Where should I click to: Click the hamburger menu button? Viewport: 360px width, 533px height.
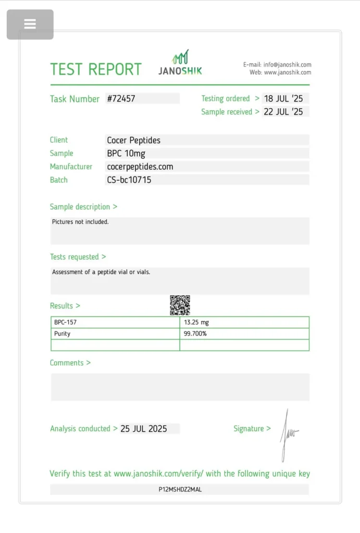pyautogui.click(x=30, y=24)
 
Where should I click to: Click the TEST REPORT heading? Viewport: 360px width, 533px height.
pyautogui.click(x=96, y=69)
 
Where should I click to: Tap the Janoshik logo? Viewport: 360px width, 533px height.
pyautogui.click(x=180, y=63)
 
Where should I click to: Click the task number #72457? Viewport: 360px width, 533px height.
pyautogui.click(x=121, y=98)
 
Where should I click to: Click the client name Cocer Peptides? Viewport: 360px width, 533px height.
pyautogui.click(x=134, y=140)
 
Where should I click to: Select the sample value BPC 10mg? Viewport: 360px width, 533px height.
pyautogui.click(x=127, y=154)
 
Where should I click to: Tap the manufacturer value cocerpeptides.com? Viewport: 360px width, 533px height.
pyautogui.click(x=140, y=167)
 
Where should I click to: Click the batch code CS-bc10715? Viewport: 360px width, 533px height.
pyautogui.click(x=129, y=180)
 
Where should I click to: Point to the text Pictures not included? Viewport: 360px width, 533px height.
pyautogui.click(x=80, y=222)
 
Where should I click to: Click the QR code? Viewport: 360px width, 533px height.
pyautogui.click(x=180, y=305)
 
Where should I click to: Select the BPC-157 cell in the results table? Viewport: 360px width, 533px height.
pyautogui.click(x=66, y=322)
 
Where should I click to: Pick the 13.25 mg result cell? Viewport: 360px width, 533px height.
pyautogui.click(x=196, y=322)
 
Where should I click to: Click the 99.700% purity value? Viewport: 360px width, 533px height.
pyautogui.click(x=195, y=334)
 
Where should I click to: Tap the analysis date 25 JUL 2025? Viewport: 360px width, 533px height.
pyautogui.click(x=144, y=429)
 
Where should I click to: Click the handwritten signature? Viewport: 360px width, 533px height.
pyautogui.click(x=288, y=434)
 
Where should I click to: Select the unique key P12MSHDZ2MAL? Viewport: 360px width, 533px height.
pyautogui.click(x=180, y=490)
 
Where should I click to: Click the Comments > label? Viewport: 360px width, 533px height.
pyautogui.click(x=70, y=363)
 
